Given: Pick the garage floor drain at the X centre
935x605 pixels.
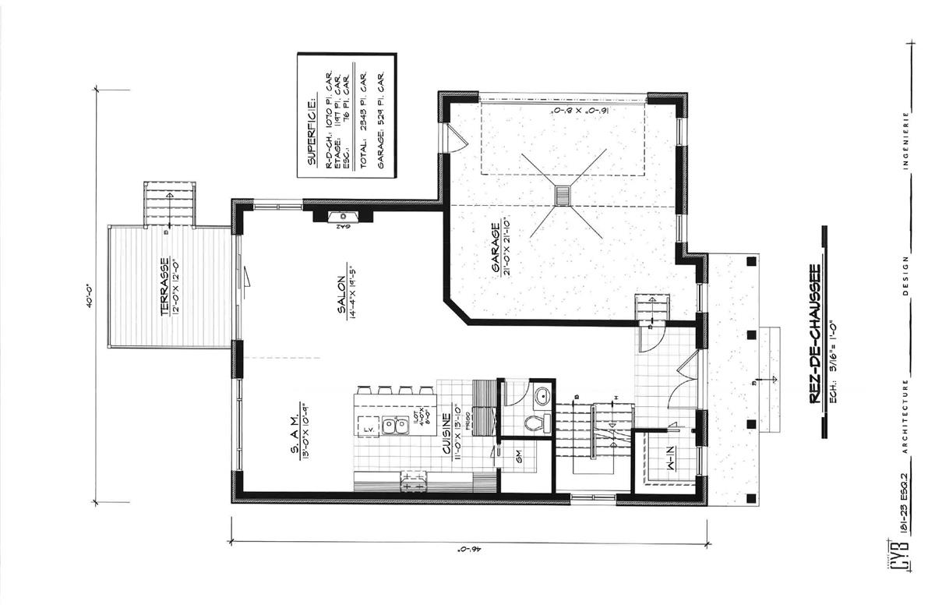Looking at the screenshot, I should point(563,195).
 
